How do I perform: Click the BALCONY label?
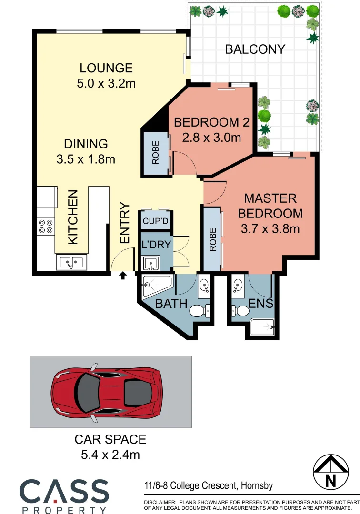255,49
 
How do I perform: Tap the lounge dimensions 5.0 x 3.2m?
106,84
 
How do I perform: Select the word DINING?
86,143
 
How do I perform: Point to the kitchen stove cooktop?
46,226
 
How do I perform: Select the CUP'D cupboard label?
155,221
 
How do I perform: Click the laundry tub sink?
151,263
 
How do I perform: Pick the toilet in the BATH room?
198,311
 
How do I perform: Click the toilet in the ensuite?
241,311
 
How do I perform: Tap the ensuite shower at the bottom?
262,327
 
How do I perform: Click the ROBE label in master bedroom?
213,239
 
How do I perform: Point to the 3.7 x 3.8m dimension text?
270,229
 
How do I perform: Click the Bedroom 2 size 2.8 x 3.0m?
211,138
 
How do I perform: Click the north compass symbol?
330,472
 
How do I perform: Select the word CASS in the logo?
64,491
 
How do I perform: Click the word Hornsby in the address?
257,486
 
